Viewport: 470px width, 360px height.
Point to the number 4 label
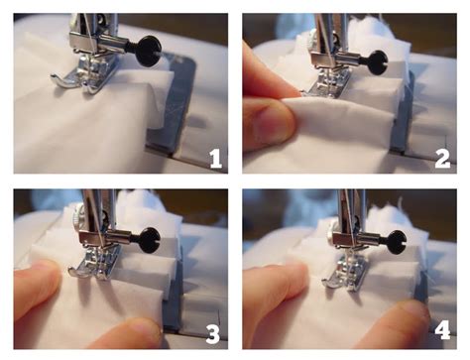441,330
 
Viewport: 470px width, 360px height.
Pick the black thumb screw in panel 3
150,239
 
